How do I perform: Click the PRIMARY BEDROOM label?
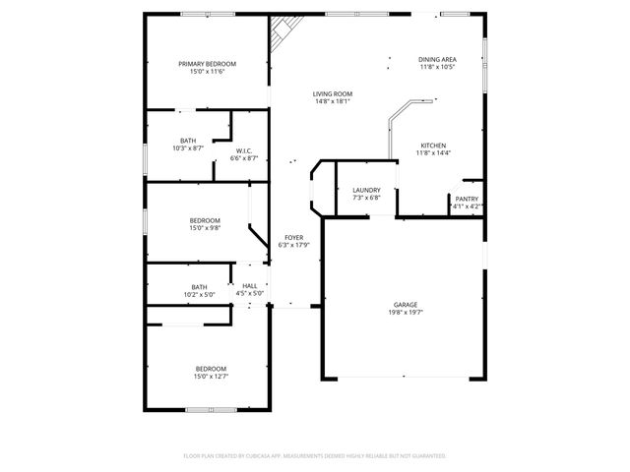tap(207, 64)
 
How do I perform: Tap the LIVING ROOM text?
tap(334, 94)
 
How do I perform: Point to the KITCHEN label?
tap(433, 146)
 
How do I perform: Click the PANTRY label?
tap(467, 199)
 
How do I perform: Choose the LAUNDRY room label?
tap(366, 190)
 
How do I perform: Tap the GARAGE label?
tap(407, 305)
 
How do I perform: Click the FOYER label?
tap(293, 238)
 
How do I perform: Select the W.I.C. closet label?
tap(244, 150)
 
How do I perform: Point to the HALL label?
tap(249, 286)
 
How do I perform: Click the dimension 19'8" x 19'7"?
tap(407, 313)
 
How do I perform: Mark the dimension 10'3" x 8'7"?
tap(187, 148)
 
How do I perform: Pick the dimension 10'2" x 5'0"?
tap(199, 294)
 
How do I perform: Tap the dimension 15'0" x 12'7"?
tap(210, 376)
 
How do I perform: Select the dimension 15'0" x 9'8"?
tap(205, 228)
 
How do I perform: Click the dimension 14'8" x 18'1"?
tap(334, 102)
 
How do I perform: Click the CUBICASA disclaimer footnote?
tap(315, 456)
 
